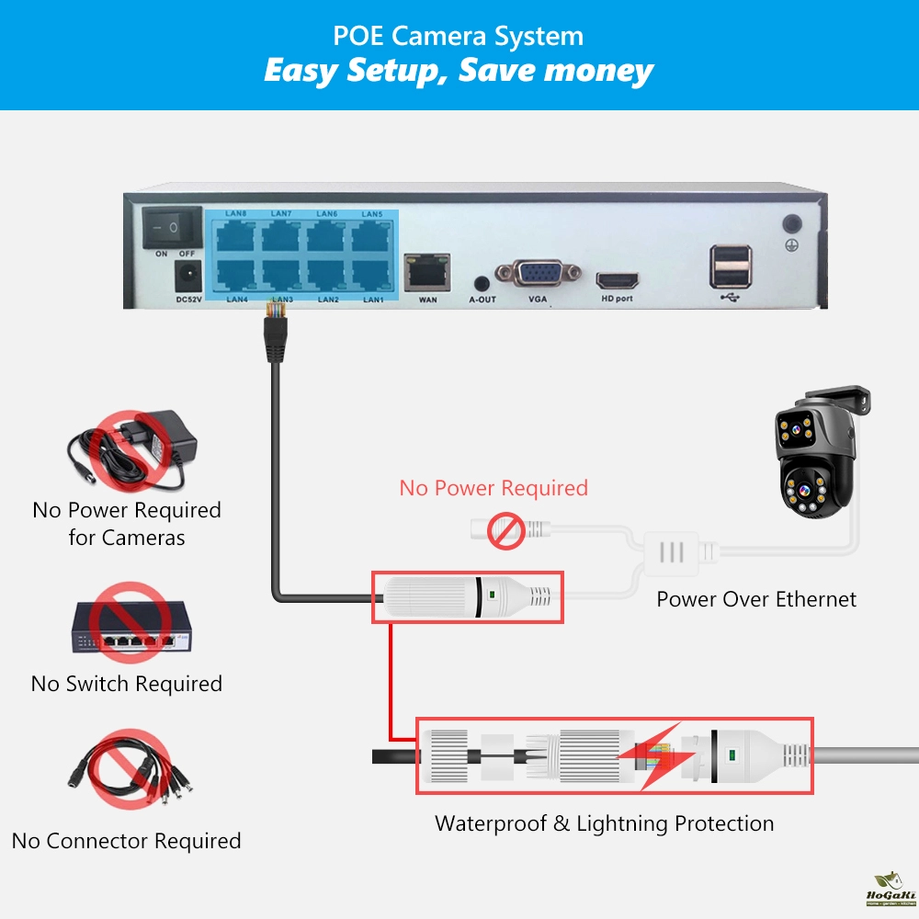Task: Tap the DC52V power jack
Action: coord(187,274)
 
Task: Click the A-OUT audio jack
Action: coord(481,283)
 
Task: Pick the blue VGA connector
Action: coord(538,275)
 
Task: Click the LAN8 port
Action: coord(237,236)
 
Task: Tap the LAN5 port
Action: coord(372,236)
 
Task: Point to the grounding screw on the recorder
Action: coord(789,223)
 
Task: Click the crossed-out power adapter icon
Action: coord(132,449)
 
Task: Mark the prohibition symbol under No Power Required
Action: coord(505,532)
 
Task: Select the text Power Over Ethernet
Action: coord(755,600)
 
